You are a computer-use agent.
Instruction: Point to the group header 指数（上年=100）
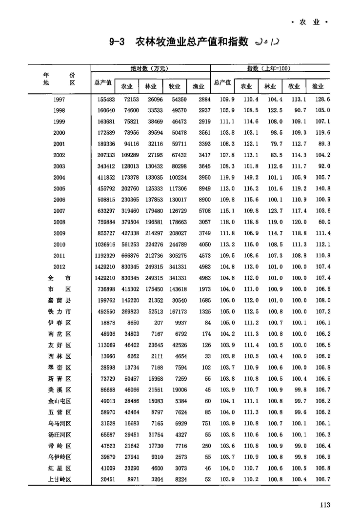[269, 68]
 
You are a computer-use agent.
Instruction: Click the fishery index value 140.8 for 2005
[323, 189]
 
